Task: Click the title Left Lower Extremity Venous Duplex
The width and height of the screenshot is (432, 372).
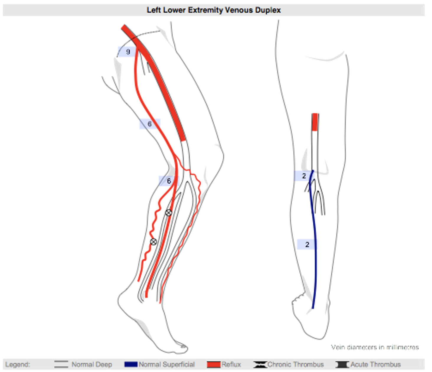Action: coord(214,10)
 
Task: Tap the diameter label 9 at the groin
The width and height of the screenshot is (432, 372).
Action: coord(128,52)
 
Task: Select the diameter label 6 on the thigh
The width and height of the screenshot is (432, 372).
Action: coord(150,124)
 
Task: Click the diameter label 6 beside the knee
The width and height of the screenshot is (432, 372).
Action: coord(169,181)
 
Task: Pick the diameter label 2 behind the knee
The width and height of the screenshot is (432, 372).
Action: coord(304,176)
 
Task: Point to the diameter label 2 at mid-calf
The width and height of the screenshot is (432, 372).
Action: coord(307,244)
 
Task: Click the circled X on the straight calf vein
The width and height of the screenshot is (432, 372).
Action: coord(168,213)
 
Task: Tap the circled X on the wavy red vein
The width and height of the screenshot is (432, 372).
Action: coord(153,242)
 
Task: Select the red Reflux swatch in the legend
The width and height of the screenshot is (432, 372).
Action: coord(214,365)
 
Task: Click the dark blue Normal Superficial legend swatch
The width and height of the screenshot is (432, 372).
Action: coord(131,365)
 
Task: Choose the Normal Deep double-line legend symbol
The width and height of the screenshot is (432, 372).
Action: coord(61,365)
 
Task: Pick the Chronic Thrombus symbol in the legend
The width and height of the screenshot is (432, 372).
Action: coord(260,365)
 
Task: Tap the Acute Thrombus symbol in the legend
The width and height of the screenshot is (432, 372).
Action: coord(342,365)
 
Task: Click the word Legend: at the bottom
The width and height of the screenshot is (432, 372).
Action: coord(18,365)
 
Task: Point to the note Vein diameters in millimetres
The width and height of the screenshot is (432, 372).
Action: coord(375,347)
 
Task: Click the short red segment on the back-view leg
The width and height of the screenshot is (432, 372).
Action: coord(315,122)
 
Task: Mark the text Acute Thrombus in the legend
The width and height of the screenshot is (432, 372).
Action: coord(375,365)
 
